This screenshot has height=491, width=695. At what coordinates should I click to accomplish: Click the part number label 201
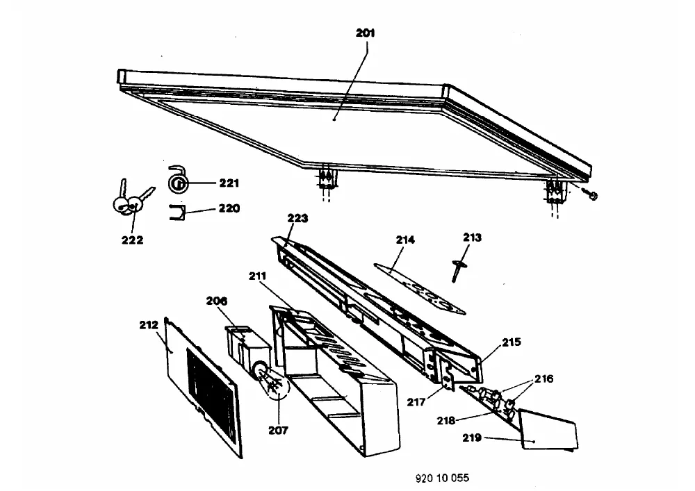[366, 33]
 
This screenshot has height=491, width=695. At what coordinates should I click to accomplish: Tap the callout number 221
[229, 183]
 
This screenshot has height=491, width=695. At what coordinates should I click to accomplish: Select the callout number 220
[229, 208]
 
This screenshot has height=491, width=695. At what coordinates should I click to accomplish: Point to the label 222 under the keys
[132, 240]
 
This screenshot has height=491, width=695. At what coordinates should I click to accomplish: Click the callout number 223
[297, 218]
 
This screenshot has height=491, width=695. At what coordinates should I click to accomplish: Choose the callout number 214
[405, 240]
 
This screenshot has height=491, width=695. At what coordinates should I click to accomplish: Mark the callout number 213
[472, 238]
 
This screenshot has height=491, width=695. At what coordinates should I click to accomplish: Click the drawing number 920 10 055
[442, 478]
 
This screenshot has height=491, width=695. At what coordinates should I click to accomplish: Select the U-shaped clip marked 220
[177, 213]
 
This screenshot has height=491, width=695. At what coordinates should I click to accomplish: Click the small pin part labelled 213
[457, 270]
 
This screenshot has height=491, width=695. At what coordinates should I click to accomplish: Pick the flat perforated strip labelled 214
[419, 289]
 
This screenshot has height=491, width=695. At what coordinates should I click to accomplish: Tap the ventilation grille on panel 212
[211, 392]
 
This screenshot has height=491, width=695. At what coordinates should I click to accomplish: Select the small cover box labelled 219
[548, 429]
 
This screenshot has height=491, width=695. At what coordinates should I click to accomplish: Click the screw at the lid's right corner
[590, 194]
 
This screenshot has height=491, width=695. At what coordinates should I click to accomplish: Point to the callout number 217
[416, 402]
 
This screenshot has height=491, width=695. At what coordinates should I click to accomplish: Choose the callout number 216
[544, 378]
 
